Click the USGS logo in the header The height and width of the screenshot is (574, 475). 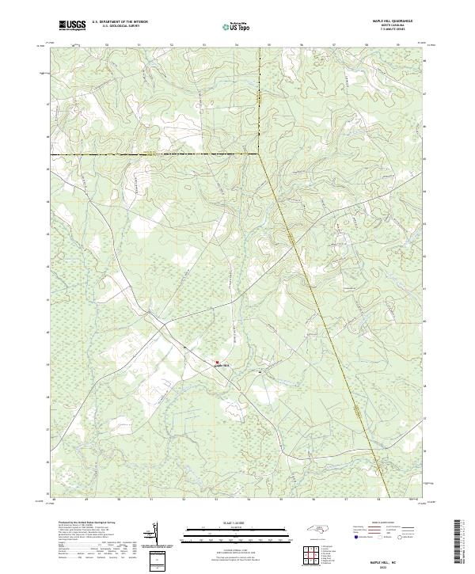(72, 25)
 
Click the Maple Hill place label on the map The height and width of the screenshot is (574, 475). (225, 365)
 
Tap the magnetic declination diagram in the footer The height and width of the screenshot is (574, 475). (155, 539)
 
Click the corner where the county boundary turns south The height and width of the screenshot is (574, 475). (260, 153)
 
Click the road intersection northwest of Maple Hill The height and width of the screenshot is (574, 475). (184, 346)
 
